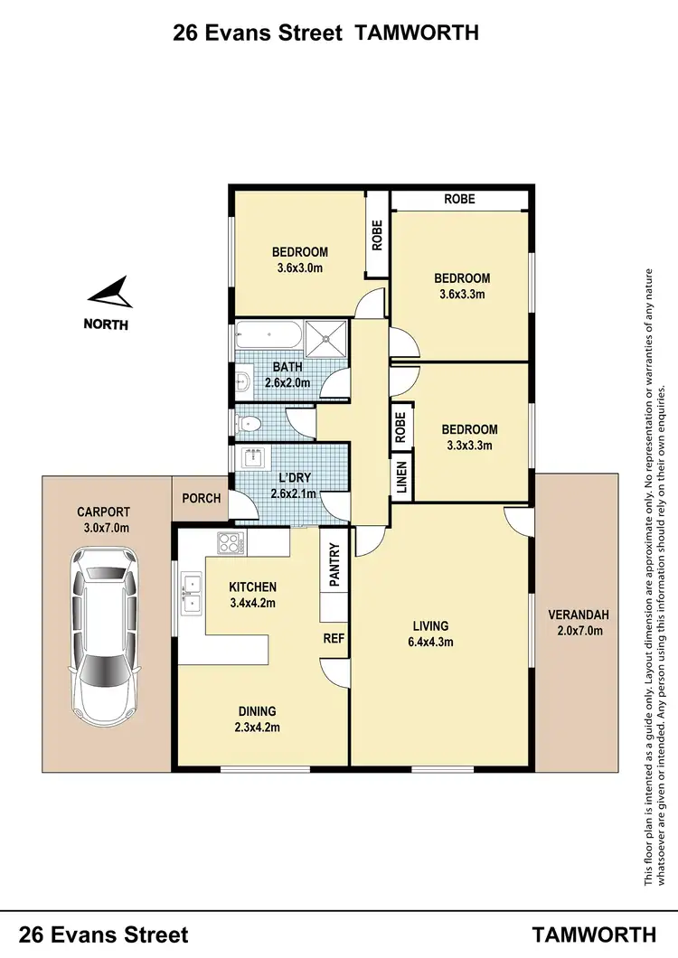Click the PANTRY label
(334, 565)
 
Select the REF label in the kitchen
(334, 637)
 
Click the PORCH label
(201, 498)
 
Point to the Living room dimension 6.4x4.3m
(430, 643)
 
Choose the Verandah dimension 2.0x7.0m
(579, 631)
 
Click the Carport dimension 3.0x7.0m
(104, 528)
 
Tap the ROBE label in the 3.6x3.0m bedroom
(377, 235)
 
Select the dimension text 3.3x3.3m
(469, 445)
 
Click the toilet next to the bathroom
(248, 422)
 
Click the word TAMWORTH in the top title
(417, 33)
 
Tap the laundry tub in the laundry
(252, 458)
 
